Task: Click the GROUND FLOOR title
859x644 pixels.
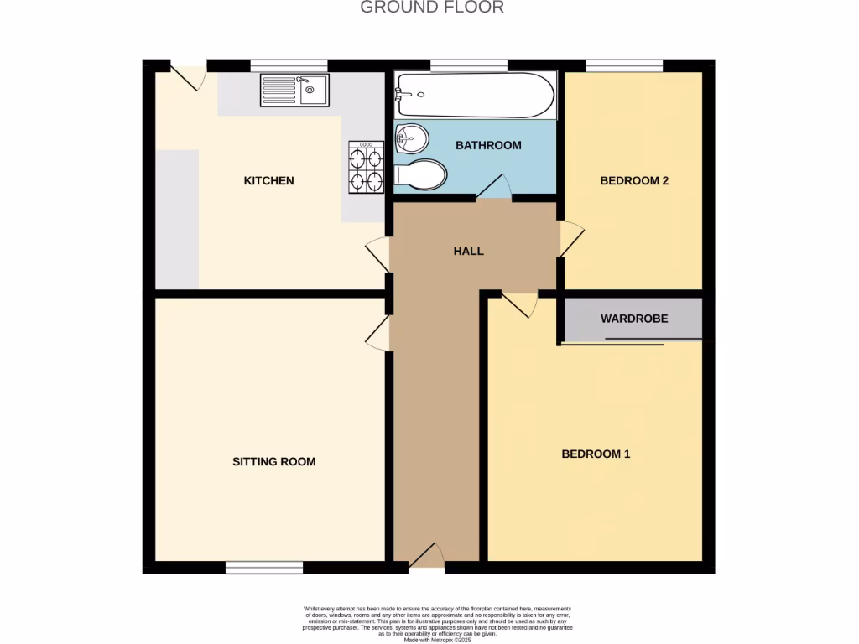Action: [x=432, y=8]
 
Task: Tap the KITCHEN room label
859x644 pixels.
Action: [x=268, y=180]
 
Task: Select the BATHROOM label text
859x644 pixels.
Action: [x=488, y=145]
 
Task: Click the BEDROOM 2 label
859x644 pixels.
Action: [x=633, y=180]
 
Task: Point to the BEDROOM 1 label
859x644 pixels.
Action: [x=596, y=454]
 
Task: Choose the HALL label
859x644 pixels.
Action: [x=468, y=251]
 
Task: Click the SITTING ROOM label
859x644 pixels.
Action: [x=273, y=461]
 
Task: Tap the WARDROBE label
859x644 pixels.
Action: [x=634, y=319]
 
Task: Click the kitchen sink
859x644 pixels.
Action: [x=297, y=89]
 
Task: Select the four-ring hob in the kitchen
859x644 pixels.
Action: [x=367, y=167]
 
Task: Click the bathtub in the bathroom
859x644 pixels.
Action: [x=475, y=96]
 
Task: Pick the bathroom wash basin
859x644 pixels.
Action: [x=411, y=138]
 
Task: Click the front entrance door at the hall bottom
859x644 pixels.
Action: [x=427, y=557]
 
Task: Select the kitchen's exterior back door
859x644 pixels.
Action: [x=190, y=75]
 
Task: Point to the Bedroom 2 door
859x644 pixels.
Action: [x=571, y=238]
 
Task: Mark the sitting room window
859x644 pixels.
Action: [x=264, y=568]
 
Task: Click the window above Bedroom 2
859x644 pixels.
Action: [x=624, y=65]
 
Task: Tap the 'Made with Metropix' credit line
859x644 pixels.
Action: [x=438, y=641]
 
